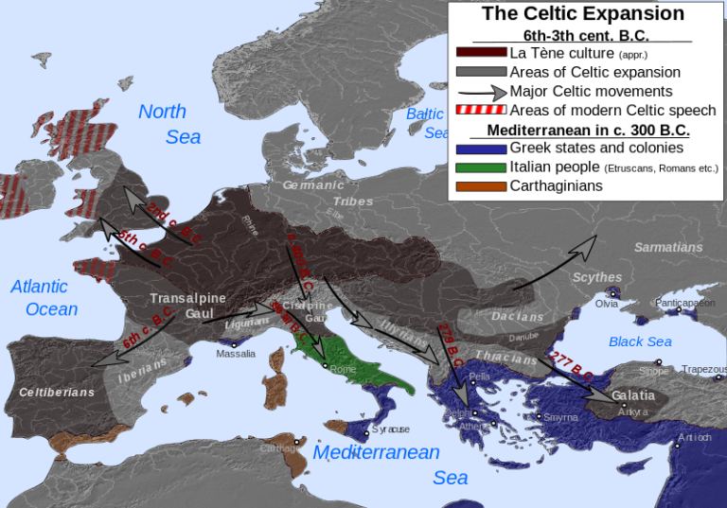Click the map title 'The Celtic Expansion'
582,13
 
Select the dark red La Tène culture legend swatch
481,52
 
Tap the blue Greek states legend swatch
481,148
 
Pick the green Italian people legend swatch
481,167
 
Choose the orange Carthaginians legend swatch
481,186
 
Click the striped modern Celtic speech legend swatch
481,111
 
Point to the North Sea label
169,124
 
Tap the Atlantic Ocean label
44,297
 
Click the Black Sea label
640,342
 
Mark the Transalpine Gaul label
188,306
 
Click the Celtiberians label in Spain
57,392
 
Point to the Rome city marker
325,365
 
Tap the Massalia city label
236,354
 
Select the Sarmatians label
668,247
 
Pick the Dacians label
518,317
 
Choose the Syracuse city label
391,429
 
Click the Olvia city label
606,304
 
